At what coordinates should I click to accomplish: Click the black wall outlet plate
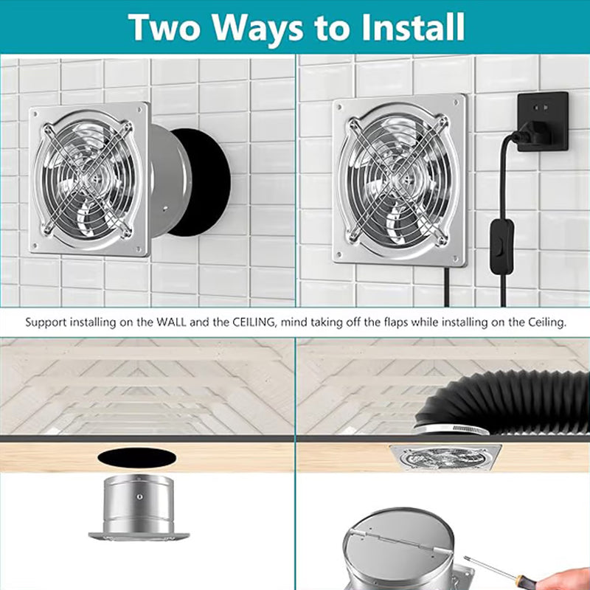coord(543,120)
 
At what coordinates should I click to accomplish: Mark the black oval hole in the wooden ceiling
coord(136,457)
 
